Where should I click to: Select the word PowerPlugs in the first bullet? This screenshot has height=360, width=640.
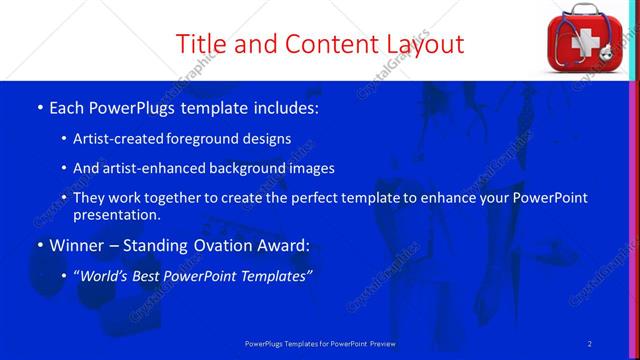point(130,106)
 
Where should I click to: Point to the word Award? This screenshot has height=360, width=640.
point(282,245)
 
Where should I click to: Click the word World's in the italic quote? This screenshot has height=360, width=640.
point(108,275)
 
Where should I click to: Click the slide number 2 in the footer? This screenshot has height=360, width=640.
point(589,344)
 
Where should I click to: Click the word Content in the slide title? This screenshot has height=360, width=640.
point(324,44)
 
